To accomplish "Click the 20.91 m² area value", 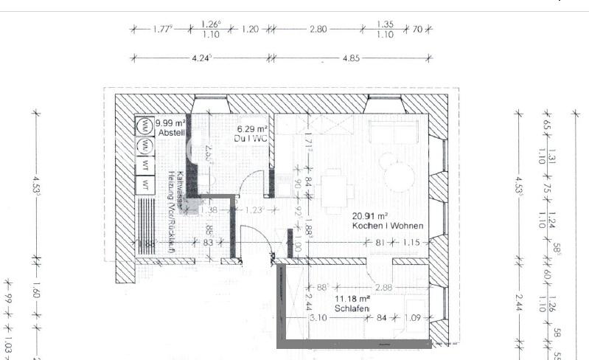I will [x=369, y=215].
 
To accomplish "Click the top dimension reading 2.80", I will [x=318, y=29].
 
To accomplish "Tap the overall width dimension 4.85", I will [x=352, y=58].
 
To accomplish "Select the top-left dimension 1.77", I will [x=162, y=30].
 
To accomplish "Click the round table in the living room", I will [x=399, y=176].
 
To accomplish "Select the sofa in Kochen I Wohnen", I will [x=398, y=131].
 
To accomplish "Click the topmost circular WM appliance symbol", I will [x=144, y=124].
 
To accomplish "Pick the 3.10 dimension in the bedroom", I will [x=318, y=318].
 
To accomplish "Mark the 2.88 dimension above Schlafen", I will [x=383, y=288].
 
